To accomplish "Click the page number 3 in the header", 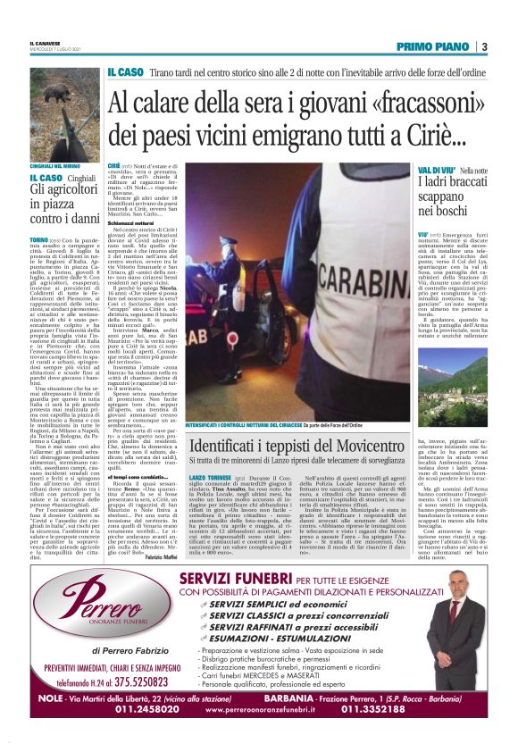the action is (483, 46).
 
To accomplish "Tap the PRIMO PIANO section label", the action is (433, 46).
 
